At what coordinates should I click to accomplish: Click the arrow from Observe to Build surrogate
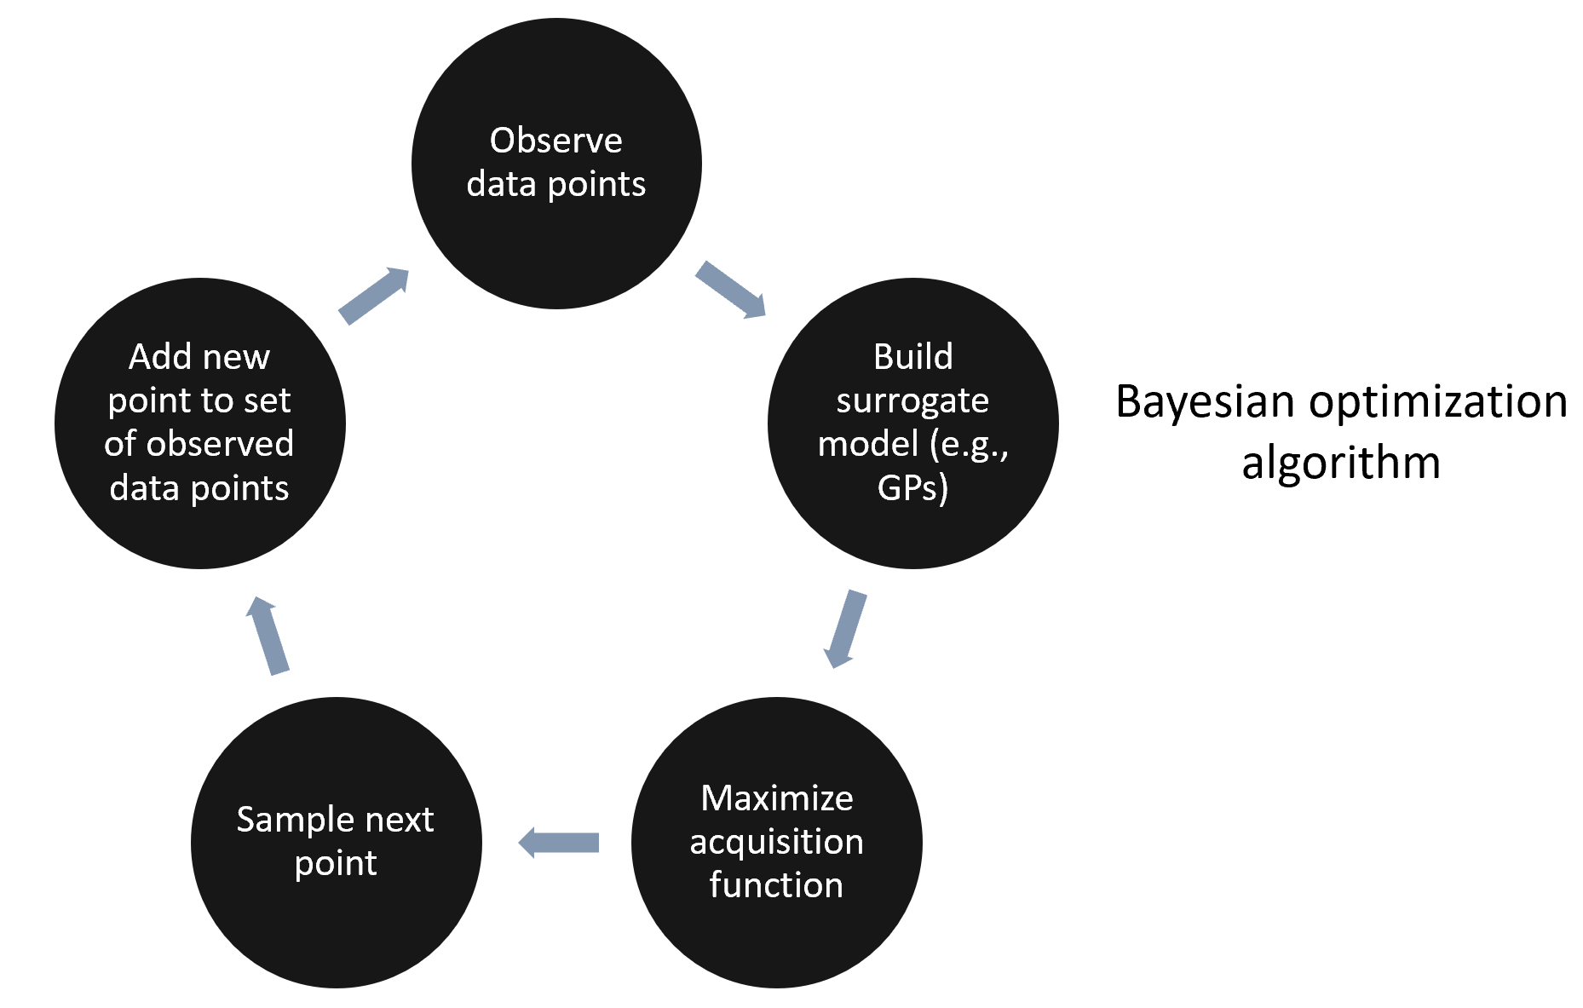point(730,290)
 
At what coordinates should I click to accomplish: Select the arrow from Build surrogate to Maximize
point(844,629)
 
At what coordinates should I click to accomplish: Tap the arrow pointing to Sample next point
point(559,843)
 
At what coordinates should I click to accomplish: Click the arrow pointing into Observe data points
point(374,296)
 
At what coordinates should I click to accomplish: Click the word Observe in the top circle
point(555,141)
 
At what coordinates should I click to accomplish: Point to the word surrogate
point(912,400)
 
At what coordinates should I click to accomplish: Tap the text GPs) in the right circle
point(912,488)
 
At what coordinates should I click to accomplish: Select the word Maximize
point(776,798)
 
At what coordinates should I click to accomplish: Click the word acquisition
point(776,842)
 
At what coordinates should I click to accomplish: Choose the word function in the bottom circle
point(776,885)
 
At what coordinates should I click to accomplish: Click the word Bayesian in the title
point(1205,401)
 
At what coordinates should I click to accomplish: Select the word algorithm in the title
point(1340,464)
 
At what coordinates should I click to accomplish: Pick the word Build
point(912,357)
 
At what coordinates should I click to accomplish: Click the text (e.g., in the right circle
point(969,445)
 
